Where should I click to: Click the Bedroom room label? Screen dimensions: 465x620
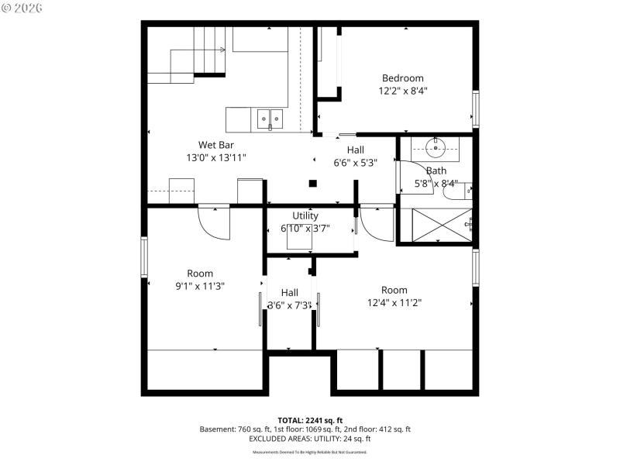(402, 77)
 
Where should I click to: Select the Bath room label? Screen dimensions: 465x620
(436, 170)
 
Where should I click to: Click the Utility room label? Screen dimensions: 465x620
(305, 215)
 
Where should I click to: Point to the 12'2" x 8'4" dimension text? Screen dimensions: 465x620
(402, 91)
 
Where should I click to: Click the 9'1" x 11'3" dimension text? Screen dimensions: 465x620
(199, 286)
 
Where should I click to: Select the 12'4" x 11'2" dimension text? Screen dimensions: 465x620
(394, 303)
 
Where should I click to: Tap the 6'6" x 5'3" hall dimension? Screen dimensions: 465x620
(355, 163)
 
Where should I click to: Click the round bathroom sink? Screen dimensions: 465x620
(436, 145)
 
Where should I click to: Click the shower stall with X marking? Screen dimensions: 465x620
(436, 225)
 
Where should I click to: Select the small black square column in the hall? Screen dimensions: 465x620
(312, 184)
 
